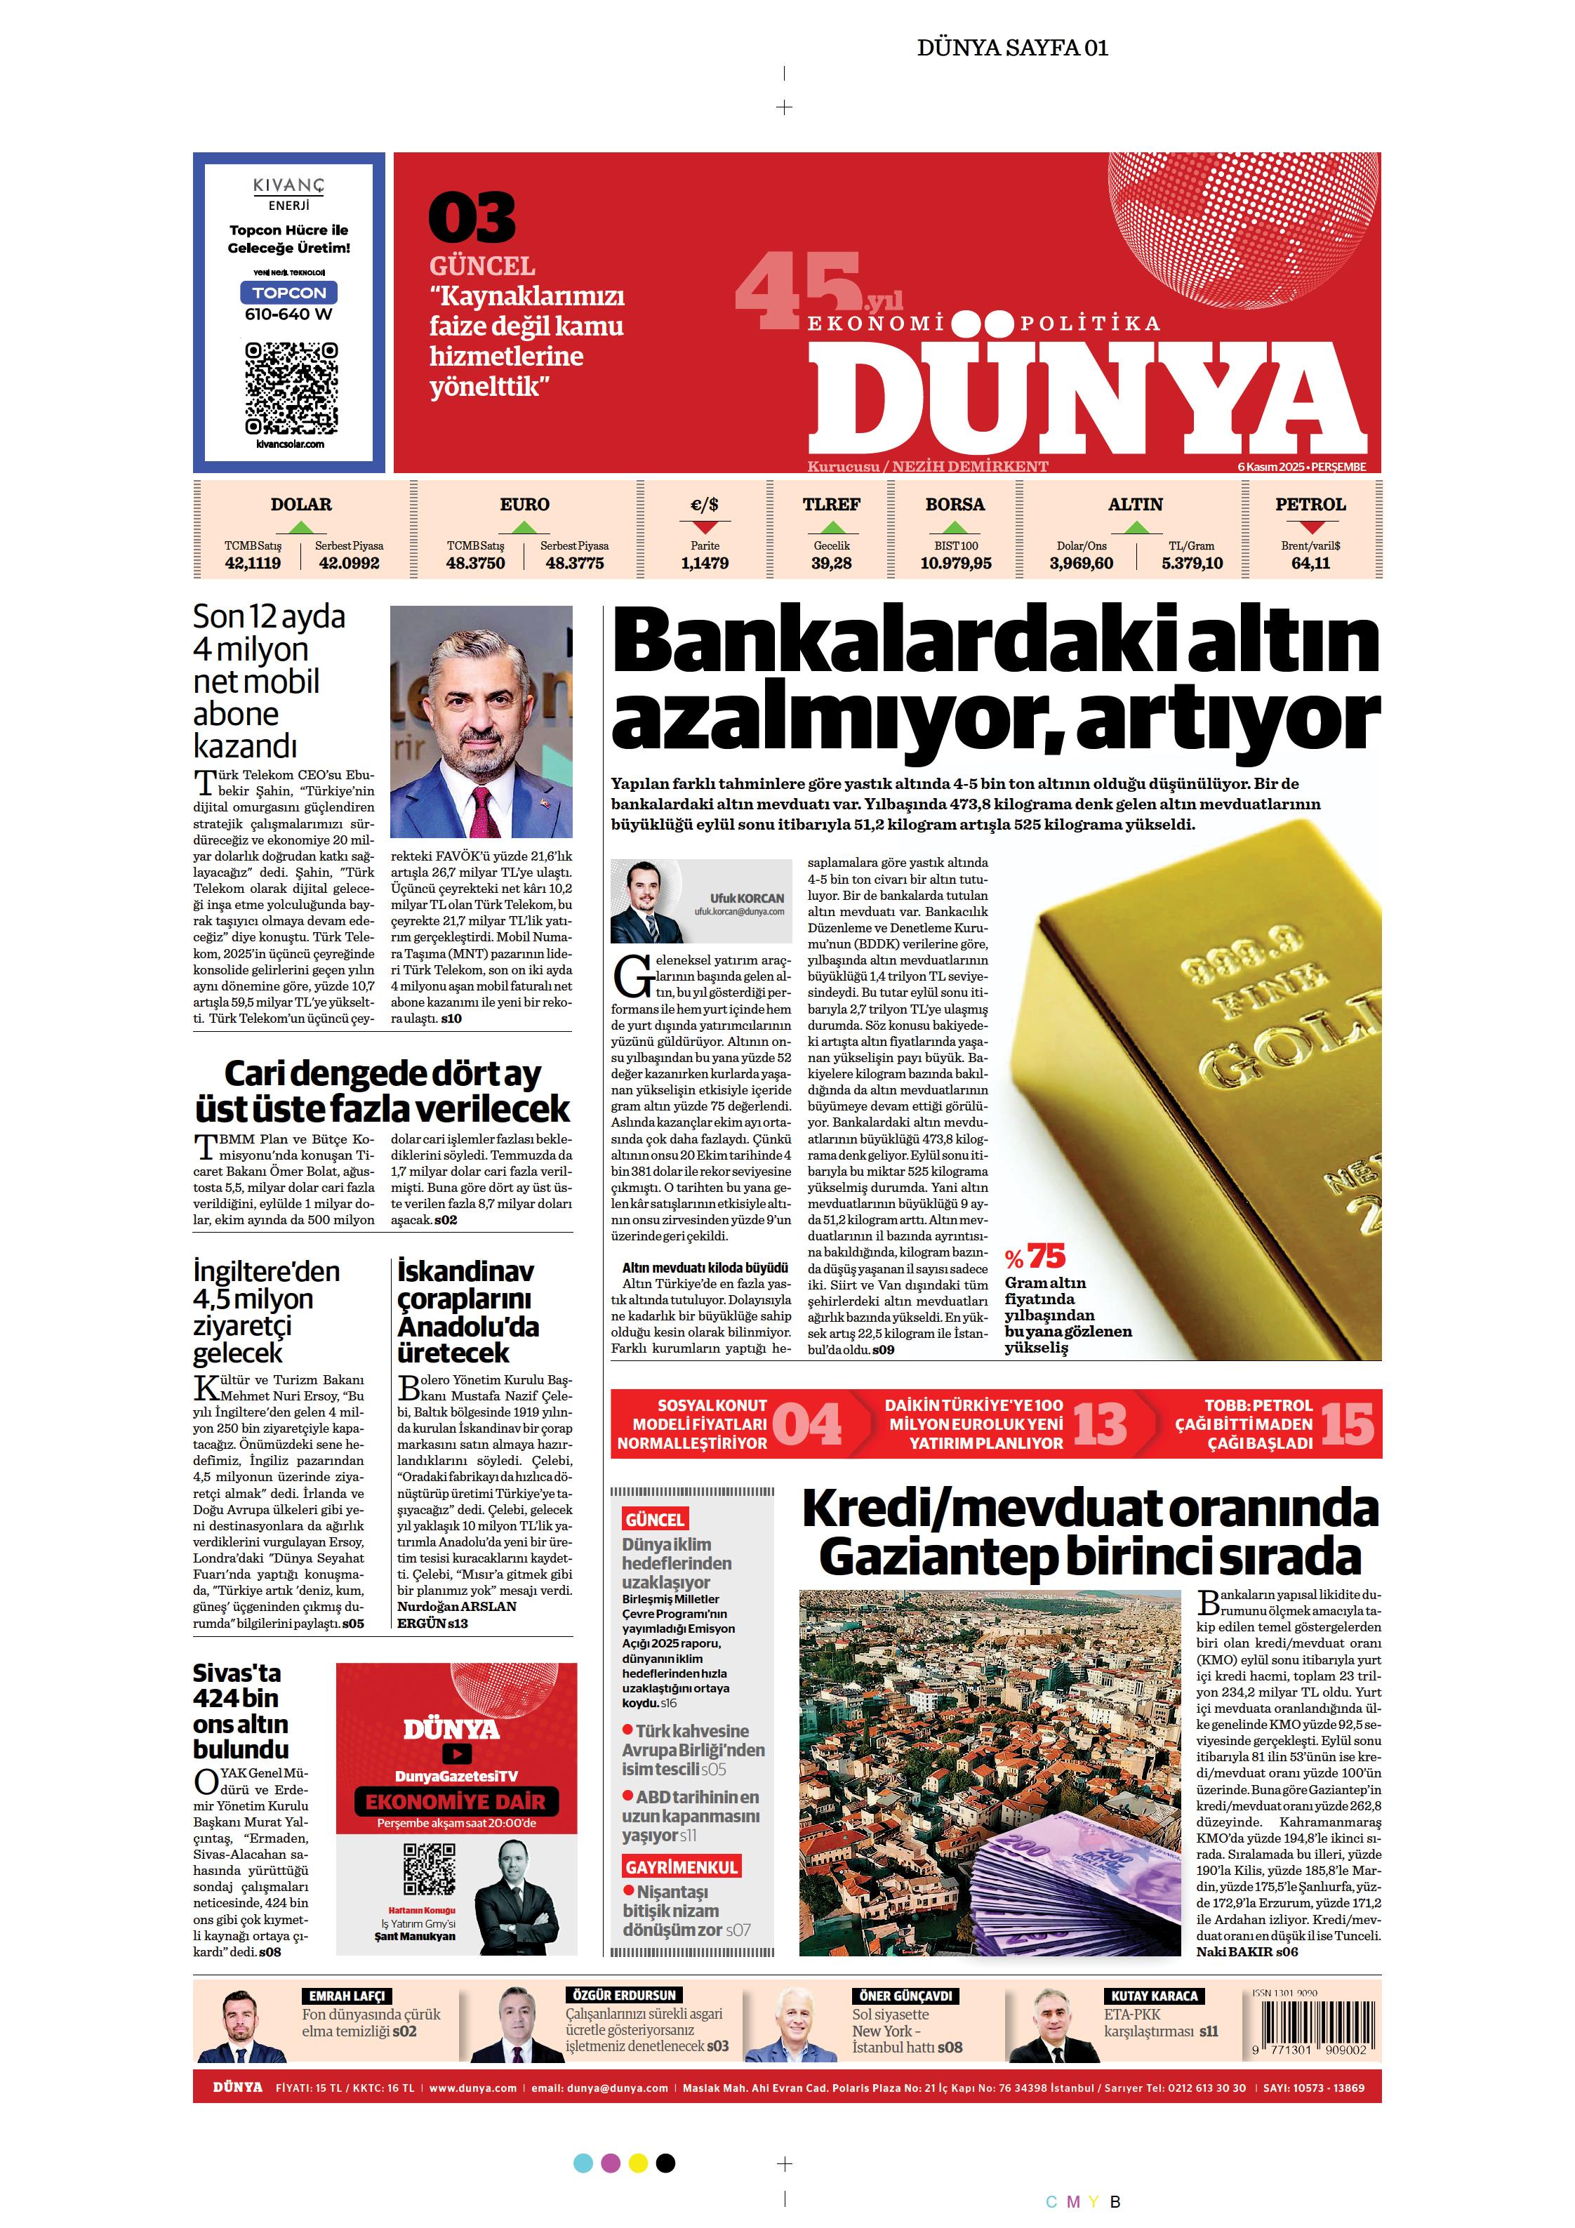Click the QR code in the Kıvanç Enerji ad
[x=291, y=388]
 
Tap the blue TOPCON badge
[x=289, y=293]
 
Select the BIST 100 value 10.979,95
[x=955, y=563]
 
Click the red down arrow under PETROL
[x=1311, y=528]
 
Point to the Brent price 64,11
[x=1310, y=563]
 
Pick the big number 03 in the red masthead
[x=472, y=218]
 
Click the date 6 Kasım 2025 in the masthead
[x=1270, y=467]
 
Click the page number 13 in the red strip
[x=1101, y=1424]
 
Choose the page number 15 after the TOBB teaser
[x=1348, y=1424]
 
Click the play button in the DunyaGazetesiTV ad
[x=456, y=1753]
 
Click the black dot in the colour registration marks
[x=665, y=2163]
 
